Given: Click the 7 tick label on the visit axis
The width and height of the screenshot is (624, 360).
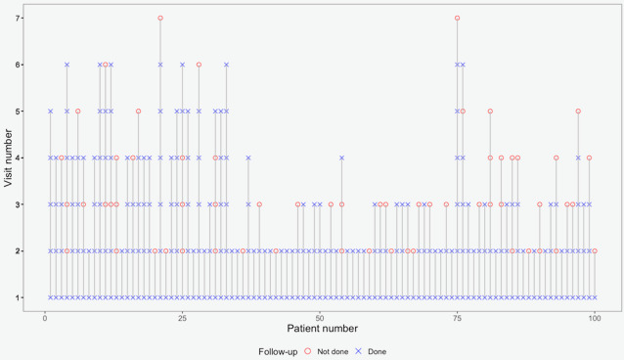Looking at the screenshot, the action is pos(18,19).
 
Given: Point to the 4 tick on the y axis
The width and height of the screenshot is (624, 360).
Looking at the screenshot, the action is pos(22,157).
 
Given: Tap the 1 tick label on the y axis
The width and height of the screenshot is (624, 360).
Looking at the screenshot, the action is pos(18,297).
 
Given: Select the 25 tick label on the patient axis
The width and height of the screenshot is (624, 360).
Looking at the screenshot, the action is pos(182,318).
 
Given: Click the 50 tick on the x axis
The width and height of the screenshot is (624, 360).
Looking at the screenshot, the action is pos(320,313).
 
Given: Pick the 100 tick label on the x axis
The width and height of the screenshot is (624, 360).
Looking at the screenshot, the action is pos(595,318).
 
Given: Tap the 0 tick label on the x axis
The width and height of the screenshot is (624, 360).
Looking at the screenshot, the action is pos(45,318).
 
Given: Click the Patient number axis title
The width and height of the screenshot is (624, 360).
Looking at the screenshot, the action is pos(323,329).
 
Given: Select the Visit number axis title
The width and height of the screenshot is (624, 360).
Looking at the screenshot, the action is pos(8,158).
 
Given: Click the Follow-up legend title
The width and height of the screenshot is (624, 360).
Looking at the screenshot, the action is pos(278,351).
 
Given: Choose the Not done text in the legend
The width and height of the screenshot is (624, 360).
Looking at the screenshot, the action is pos(333,351).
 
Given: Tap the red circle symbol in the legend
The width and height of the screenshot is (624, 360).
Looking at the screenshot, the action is pos(307,351).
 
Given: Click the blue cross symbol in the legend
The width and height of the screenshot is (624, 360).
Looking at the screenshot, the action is pos(358,351).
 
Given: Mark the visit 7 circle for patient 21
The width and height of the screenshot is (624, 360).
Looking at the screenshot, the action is pos(160,18).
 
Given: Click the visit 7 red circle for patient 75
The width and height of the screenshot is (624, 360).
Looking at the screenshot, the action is pos(458,18).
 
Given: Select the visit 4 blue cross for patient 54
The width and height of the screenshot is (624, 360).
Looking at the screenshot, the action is pos(342,157).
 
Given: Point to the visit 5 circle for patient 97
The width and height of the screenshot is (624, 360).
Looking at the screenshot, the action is pos(578,112).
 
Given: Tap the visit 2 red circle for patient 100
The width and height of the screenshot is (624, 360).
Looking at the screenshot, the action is pos(595,250).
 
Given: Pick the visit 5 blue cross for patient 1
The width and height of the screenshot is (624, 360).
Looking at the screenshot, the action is pos(51,112).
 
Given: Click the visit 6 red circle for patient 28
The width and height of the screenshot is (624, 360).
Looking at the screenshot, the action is pos(199,65).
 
